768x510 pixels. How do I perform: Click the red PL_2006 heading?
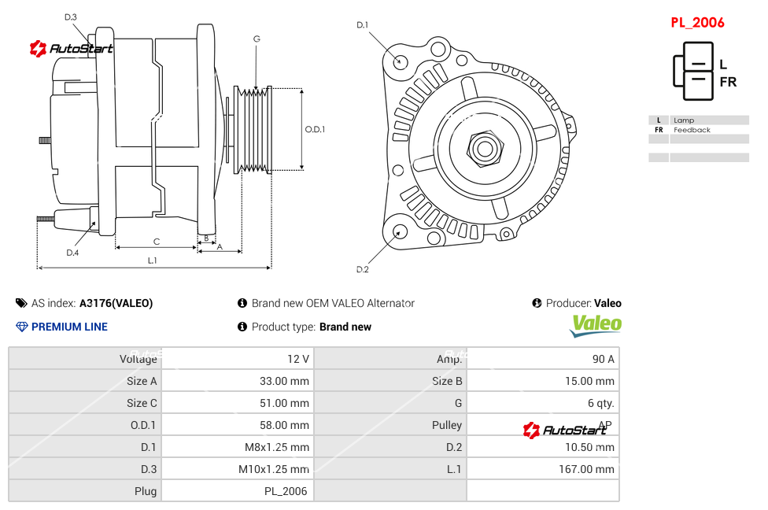coord(697,23)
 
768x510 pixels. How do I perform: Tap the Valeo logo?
coord(596,325)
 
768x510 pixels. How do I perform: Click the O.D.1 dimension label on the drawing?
coord(315,130)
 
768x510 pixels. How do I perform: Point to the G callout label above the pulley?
coord(257,39)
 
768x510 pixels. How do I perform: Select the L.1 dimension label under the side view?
coord(152,260)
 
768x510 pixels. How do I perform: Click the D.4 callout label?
coord(72,253)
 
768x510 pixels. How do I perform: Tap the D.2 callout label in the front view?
coord(362,270)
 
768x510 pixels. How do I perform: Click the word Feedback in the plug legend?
coord(692,130)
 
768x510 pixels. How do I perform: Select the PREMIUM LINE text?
coord(69,327)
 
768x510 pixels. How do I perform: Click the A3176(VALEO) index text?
coord(116,303)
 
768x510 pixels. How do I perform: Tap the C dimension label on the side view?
coord(157,242)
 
